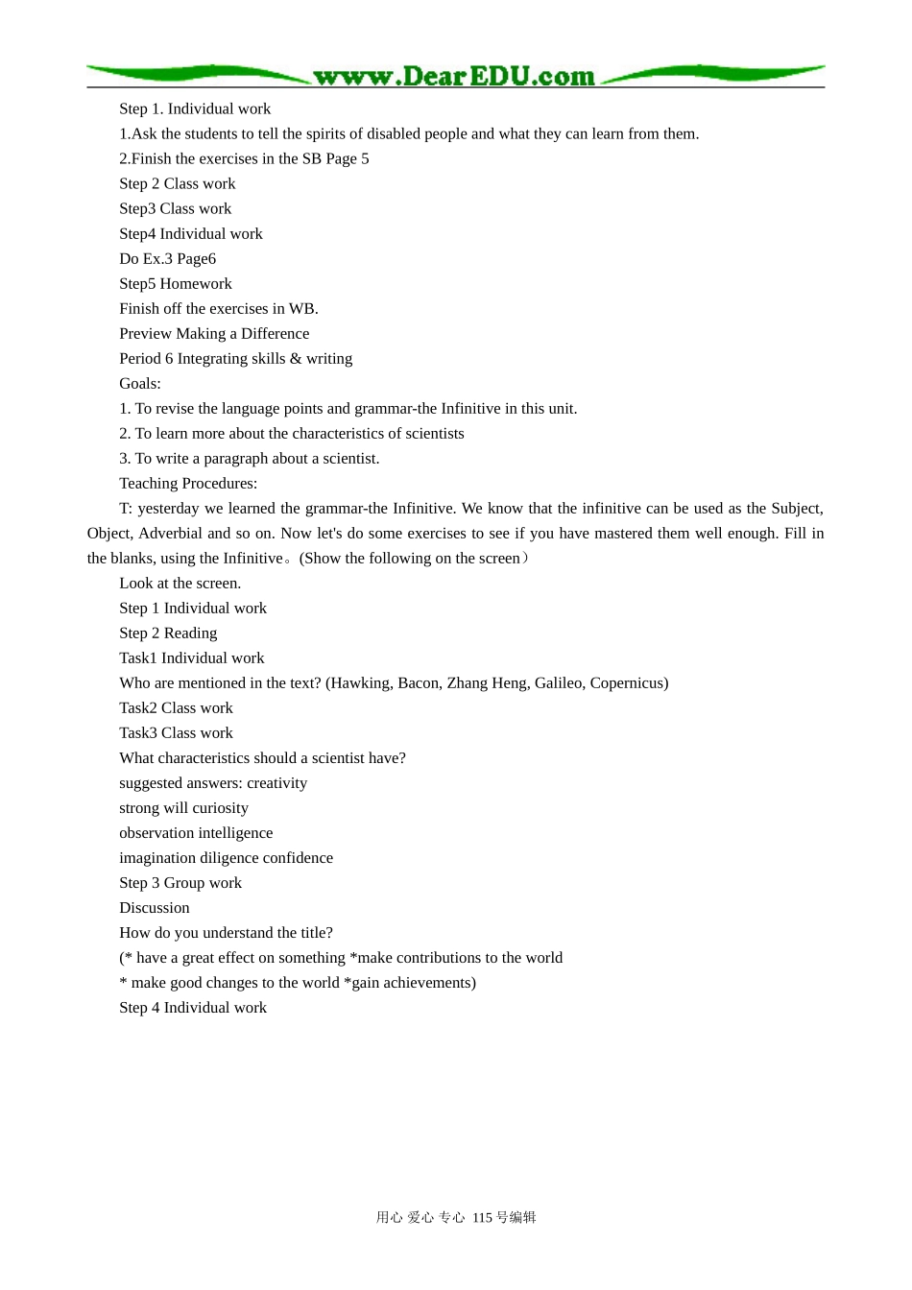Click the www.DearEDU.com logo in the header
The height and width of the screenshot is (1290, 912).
pyautogui.click(x=454, y=76)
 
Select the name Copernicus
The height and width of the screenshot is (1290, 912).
pyautogui.click(x=628, y=683)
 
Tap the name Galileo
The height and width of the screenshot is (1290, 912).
pyautogui.click(x=559, y=683)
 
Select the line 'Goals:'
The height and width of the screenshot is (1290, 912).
pyautogui.click(x=140, y=384)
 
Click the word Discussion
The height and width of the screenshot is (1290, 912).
pyautogui.click(x=155, y=908)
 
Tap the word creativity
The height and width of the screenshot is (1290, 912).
pyautogui.click(x=276, y=783)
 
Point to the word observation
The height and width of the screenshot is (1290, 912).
pyautogui.click(x=156, y=833)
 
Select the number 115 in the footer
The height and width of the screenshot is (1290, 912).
pyautogui.click(x=482, y=1218)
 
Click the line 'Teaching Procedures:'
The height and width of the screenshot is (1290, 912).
pyautogui.click(x=188, y=484)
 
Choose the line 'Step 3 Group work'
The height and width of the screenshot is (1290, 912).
pyautogui.click(x=180, y=883)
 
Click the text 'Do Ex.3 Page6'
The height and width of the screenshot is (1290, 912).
pyautogui.click(x=168, y=259)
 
